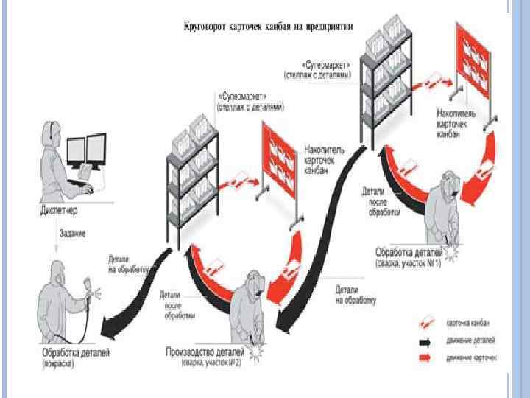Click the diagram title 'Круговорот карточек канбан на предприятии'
pos(269,27)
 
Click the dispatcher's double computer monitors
pos(87,153)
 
